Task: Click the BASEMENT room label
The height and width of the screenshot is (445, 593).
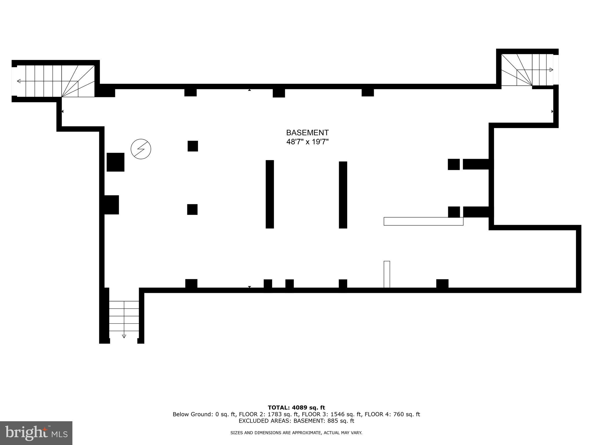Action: coord(307,133)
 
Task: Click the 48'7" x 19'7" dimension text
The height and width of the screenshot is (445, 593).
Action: coord(307,142)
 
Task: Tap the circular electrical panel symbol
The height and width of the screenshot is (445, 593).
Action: coord(141,149)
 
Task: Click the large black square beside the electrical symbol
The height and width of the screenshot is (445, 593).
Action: coord(116,162)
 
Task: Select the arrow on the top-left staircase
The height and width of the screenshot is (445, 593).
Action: coord(19,81)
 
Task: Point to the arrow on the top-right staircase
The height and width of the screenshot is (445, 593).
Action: coord(551,70)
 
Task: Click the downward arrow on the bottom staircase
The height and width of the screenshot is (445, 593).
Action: coord(124,336)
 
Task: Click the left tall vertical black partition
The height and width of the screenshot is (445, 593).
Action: coord(270,194)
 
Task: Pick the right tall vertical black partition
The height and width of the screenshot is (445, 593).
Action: coord(343,195)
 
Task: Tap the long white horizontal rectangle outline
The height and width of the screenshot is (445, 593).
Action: coord(423,221)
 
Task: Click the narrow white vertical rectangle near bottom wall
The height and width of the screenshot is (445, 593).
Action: coord(387,274)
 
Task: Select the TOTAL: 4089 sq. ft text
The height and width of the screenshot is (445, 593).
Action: coord(296,408)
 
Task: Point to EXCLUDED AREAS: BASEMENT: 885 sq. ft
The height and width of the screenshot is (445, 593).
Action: coord(296,421)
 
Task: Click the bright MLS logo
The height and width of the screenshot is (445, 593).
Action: coord(36,433)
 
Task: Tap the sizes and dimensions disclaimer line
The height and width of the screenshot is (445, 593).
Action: coord(296,433)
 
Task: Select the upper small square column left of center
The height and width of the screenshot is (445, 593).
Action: coord(193,146)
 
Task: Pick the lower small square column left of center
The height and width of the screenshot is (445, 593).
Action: coord(192,209)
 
